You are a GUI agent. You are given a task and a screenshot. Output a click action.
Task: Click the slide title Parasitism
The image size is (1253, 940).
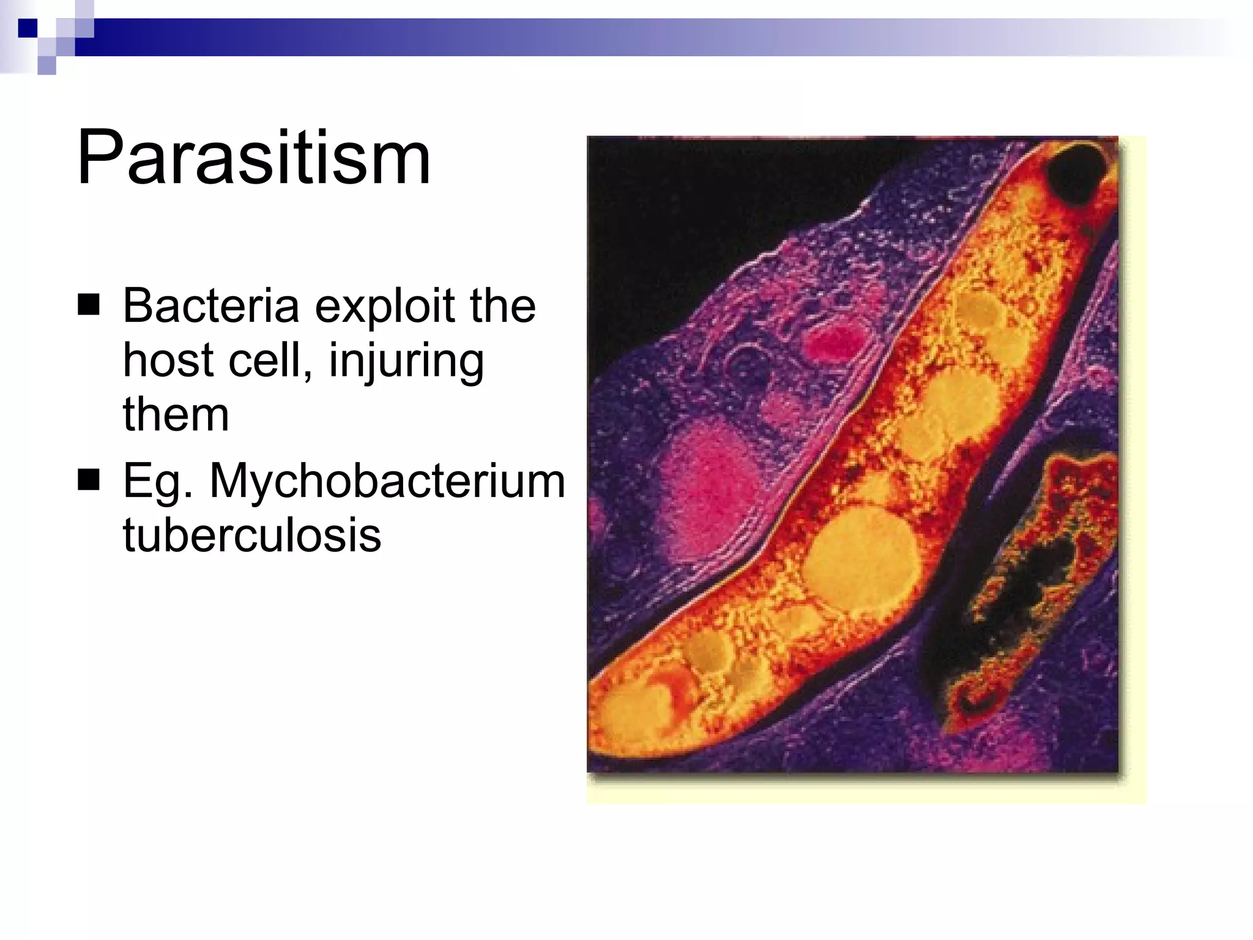pos(253,158)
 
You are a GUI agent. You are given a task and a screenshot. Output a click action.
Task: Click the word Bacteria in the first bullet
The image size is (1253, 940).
pos(210,305)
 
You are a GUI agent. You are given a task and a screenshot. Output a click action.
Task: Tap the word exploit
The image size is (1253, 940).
pos(384,305)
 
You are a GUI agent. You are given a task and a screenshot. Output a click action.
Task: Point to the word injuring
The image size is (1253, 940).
pos(406,361)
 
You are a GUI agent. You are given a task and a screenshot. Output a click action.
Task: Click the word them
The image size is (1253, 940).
pos(176,414)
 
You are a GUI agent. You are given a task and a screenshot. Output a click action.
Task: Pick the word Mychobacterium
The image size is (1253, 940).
pos(387,481)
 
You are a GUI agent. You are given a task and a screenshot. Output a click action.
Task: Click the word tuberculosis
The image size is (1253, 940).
pos(251,535)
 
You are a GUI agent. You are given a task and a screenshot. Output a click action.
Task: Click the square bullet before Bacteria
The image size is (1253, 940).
pos(89,305)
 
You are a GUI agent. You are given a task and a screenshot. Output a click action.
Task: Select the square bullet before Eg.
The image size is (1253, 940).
pos(89,480)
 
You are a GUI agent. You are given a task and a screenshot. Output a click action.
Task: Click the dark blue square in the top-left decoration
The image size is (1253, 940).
pos(28,28)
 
